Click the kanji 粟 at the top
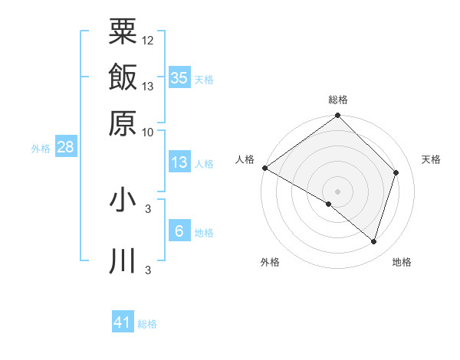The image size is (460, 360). click(x=123, y=31)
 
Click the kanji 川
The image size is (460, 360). click(x=123, y=261)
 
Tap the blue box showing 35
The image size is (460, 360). click(x=179, y=77)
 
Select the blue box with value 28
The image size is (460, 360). click(x=65, y=147)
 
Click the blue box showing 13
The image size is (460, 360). click(x=179, y=162)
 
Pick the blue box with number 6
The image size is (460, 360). click(x=179, y=231)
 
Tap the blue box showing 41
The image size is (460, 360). click(x=123, y=322)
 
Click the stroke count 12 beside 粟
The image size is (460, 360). click(x=148, y=40)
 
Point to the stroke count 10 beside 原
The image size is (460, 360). click(x=148, y=132)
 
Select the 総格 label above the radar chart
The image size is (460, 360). click(x=338, y=100)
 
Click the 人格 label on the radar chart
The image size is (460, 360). click(x=245, y=159)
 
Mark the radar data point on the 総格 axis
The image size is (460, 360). click(x=338, y=116)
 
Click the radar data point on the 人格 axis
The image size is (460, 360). click(x=264, y=168)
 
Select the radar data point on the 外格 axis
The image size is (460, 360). click(x=329, y=204)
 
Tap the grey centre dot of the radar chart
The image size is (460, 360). click(x=338, y=191)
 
